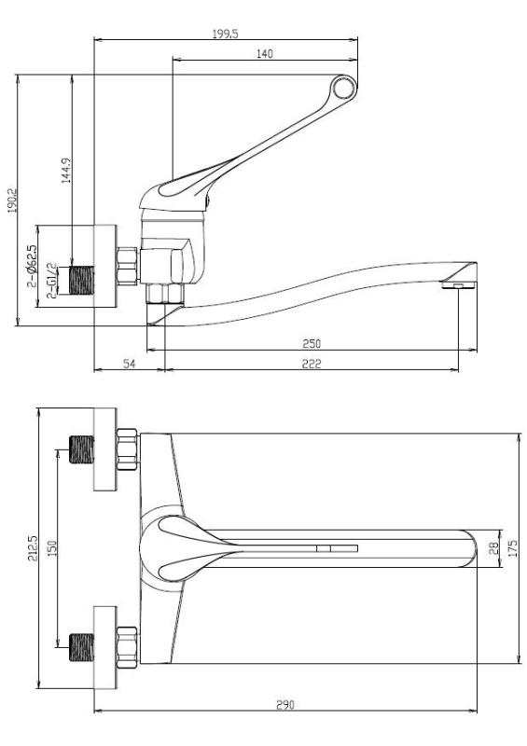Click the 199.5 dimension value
(227, 32)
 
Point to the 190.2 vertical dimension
(11, 200)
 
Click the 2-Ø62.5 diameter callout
(34, 266)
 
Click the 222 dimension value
(312, 364)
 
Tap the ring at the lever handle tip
(344, 89)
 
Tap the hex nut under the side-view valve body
(166, 295)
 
